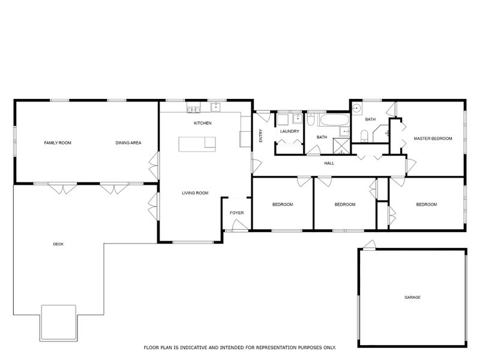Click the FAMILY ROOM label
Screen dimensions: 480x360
[x=58, y=143]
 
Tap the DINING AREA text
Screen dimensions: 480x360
[x=128, y=143]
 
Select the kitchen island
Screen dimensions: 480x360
[x=197, y=144]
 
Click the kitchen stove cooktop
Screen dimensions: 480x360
[x=194, y=109]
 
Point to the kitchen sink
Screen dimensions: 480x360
[x=216, y=107]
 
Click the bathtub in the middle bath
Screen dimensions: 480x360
[x=334, y=121]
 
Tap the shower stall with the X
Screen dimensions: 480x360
[x=341, y=146]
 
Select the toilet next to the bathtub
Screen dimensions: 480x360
[x=310, y=119]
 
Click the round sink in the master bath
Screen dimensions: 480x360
[x=356, y=108]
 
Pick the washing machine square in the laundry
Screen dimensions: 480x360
[x=283, y=119]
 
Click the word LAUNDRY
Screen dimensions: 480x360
[x=290, y=131]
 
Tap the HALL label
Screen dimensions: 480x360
[x=329, y=163]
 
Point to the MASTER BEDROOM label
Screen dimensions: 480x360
[x=433, y=139]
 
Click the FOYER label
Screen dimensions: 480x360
[x=236, y=213]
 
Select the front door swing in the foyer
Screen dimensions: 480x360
[x=239, y=226]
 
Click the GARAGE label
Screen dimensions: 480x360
[x=412, y=297]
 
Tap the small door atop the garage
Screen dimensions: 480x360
[x=369, y=245]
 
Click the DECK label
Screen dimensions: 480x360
[x=58, y=244]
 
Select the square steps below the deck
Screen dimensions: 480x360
[x=58, y=323]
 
